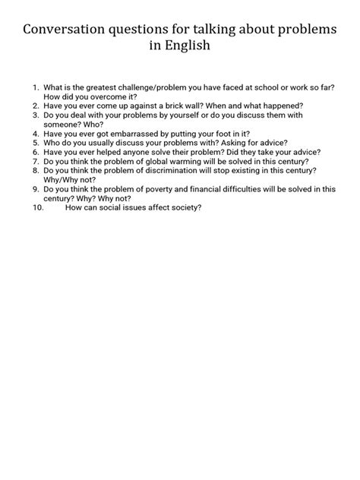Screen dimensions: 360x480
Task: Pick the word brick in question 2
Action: [184, 106]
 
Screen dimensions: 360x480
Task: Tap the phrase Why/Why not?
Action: [68, 179]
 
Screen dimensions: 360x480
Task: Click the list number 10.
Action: [39, 207]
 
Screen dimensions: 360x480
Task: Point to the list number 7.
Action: [35, 161]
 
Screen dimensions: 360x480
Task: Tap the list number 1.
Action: [35, 88]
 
